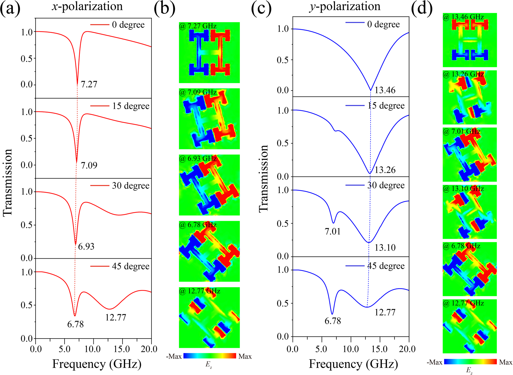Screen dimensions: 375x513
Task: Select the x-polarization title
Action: pos(87,6)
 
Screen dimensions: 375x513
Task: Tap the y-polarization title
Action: pos(345,6)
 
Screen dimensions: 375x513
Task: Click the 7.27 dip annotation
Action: pos(89,84)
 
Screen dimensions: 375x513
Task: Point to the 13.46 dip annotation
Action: pos(385,90)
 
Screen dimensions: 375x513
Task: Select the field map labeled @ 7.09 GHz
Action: pos(209,119)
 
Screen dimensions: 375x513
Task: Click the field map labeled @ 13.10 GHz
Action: pos(470,212)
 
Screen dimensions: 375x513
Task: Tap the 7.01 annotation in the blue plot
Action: pos(333,232)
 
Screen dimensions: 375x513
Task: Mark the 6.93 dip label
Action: pos(86,246)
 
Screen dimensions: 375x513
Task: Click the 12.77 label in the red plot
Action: pos(116,317)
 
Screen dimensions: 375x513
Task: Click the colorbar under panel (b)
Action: pos(209,356)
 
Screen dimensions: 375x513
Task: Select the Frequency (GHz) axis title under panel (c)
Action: pos(353,364)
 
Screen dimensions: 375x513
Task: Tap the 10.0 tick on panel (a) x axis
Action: pos(93,349)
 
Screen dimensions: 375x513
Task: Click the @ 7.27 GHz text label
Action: pos(198,26)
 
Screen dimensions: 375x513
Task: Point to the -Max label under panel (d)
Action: pos(434,362)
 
